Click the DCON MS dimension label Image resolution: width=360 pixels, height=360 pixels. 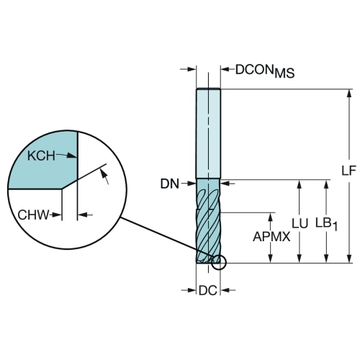[265, 71]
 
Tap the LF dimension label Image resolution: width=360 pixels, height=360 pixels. [348, 171]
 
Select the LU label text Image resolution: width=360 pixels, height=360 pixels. [300, 223]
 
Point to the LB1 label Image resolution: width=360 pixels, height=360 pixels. [326, 224]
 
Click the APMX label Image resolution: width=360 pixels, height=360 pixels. [271, 237]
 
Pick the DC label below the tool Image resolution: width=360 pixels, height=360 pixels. [208, 291]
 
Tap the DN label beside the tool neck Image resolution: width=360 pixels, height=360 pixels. [170, 184]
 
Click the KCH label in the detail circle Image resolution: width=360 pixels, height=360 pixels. [41, 156]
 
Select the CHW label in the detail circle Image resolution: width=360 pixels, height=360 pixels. [33, 215]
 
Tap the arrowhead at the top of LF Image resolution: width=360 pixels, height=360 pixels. [349, 94]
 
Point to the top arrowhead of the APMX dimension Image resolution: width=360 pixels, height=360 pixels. [271, 217]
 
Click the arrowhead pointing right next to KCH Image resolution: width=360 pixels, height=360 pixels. [71, 156]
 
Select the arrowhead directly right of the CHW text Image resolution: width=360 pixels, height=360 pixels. [57, 215]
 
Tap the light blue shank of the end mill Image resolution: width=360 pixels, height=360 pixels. [208, 133]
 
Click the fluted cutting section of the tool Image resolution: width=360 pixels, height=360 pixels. [208, 221]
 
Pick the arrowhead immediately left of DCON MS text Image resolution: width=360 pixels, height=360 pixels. [225, 70]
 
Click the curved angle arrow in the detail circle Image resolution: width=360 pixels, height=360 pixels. [104, 176]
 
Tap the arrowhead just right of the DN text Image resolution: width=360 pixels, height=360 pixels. [192, 184]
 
